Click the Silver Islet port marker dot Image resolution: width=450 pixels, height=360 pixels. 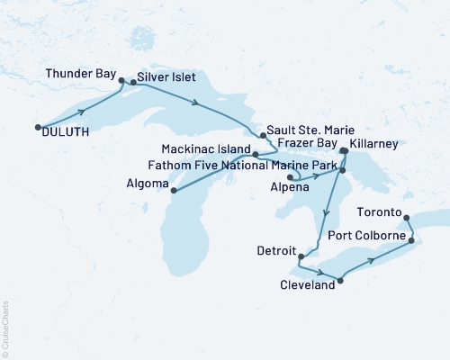coord(133,82)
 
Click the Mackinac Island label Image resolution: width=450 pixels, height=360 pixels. coord(207,154)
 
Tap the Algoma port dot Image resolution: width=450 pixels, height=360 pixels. coord(173,191)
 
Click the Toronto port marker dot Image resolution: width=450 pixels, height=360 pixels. coord(406,217)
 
